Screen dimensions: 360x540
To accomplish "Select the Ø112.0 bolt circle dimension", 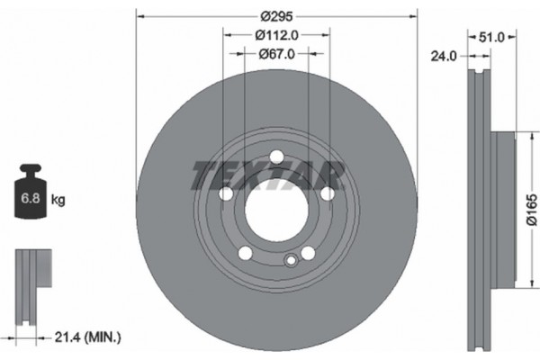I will coord(275,36).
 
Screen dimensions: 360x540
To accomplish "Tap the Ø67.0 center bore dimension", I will coord(275,55).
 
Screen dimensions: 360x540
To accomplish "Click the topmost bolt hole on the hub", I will coord(275,159).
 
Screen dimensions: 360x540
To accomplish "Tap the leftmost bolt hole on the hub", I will coord(225,194).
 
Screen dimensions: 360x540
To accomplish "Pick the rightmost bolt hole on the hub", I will coord(328,193).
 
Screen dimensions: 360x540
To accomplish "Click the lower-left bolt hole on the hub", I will coord(244,252).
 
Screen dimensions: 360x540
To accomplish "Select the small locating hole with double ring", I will coord(290,261).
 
